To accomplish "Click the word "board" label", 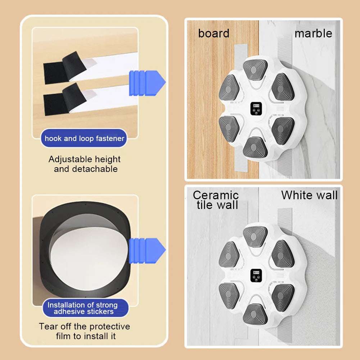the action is pyautogui.click(x=214, y=33).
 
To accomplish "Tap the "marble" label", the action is pyautogui.click(x=313, y=33).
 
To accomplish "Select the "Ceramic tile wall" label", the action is pyautogui.click(x=216, y=200).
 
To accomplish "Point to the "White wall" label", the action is pyautogui.click(x=309, y=195).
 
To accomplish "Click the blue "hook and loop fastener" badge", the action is pyautogui.click(x=84, y=138).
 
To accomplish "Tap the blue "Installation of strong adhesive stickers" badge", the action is pyautogui.click(x=85, y=308).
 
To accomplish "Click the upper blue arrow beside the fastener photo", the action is pyautogui.click(x=147, y=83).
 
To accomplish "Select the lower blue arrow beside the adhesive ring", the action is pyautogui.click(x=147, y=250).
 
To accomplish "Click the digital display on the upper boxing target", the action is pyautogui.click(x=256, y=109).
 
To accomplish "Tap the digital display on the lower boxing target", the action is pyautogui.click(x=256, y=275).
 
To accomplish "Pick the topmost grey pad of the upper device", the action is pyautogui.click(x=255, y=69).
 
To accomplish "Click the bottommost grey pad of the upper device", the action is pyautogui.click(x=255, y=147).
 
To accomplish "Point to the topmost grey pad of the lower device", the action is pyautogui.click(x=255, y=236).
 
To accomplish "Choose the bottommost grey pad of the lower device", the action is pyautogui.click(x=255, y=314).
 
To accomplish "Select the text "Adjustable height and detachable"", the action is pyautogui.click(x=85, y=164).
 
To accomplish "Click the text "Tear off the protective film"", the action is pyautogui.click(x=85, y=331).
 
